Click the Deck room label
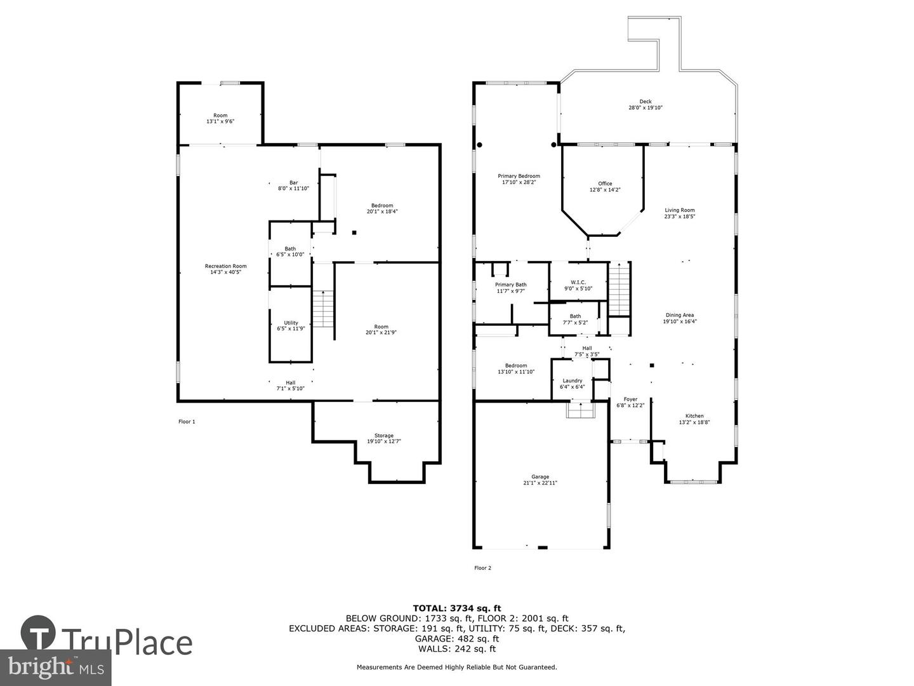tap(645, 102)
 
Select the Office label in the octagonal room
tap(605, 184)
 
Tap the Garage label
tap(540, 477)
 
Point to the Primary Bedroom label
tap(519, 176)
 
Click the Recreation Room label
tap(225, 266)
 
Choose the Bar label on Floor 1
tap(293, 182)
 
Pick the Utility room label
tap(291, 323)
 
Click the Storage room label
tap(383, 436)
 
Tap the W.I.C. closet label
tap(578, 282)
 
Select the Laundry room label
tap(572, 380)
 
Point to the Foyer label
tap(630, 400)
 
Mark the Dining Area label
tap(679, 315)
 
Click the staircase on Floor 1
tap(323, 309)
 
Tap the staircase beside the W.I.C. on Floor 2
tap(619, 289)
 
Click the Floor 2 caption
tap(482, 568)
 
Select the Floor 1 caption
tap(187, 421)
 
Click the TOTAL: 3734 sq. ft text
tap(457, 608)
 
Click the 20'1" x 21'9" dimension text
tap(381, 332)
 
